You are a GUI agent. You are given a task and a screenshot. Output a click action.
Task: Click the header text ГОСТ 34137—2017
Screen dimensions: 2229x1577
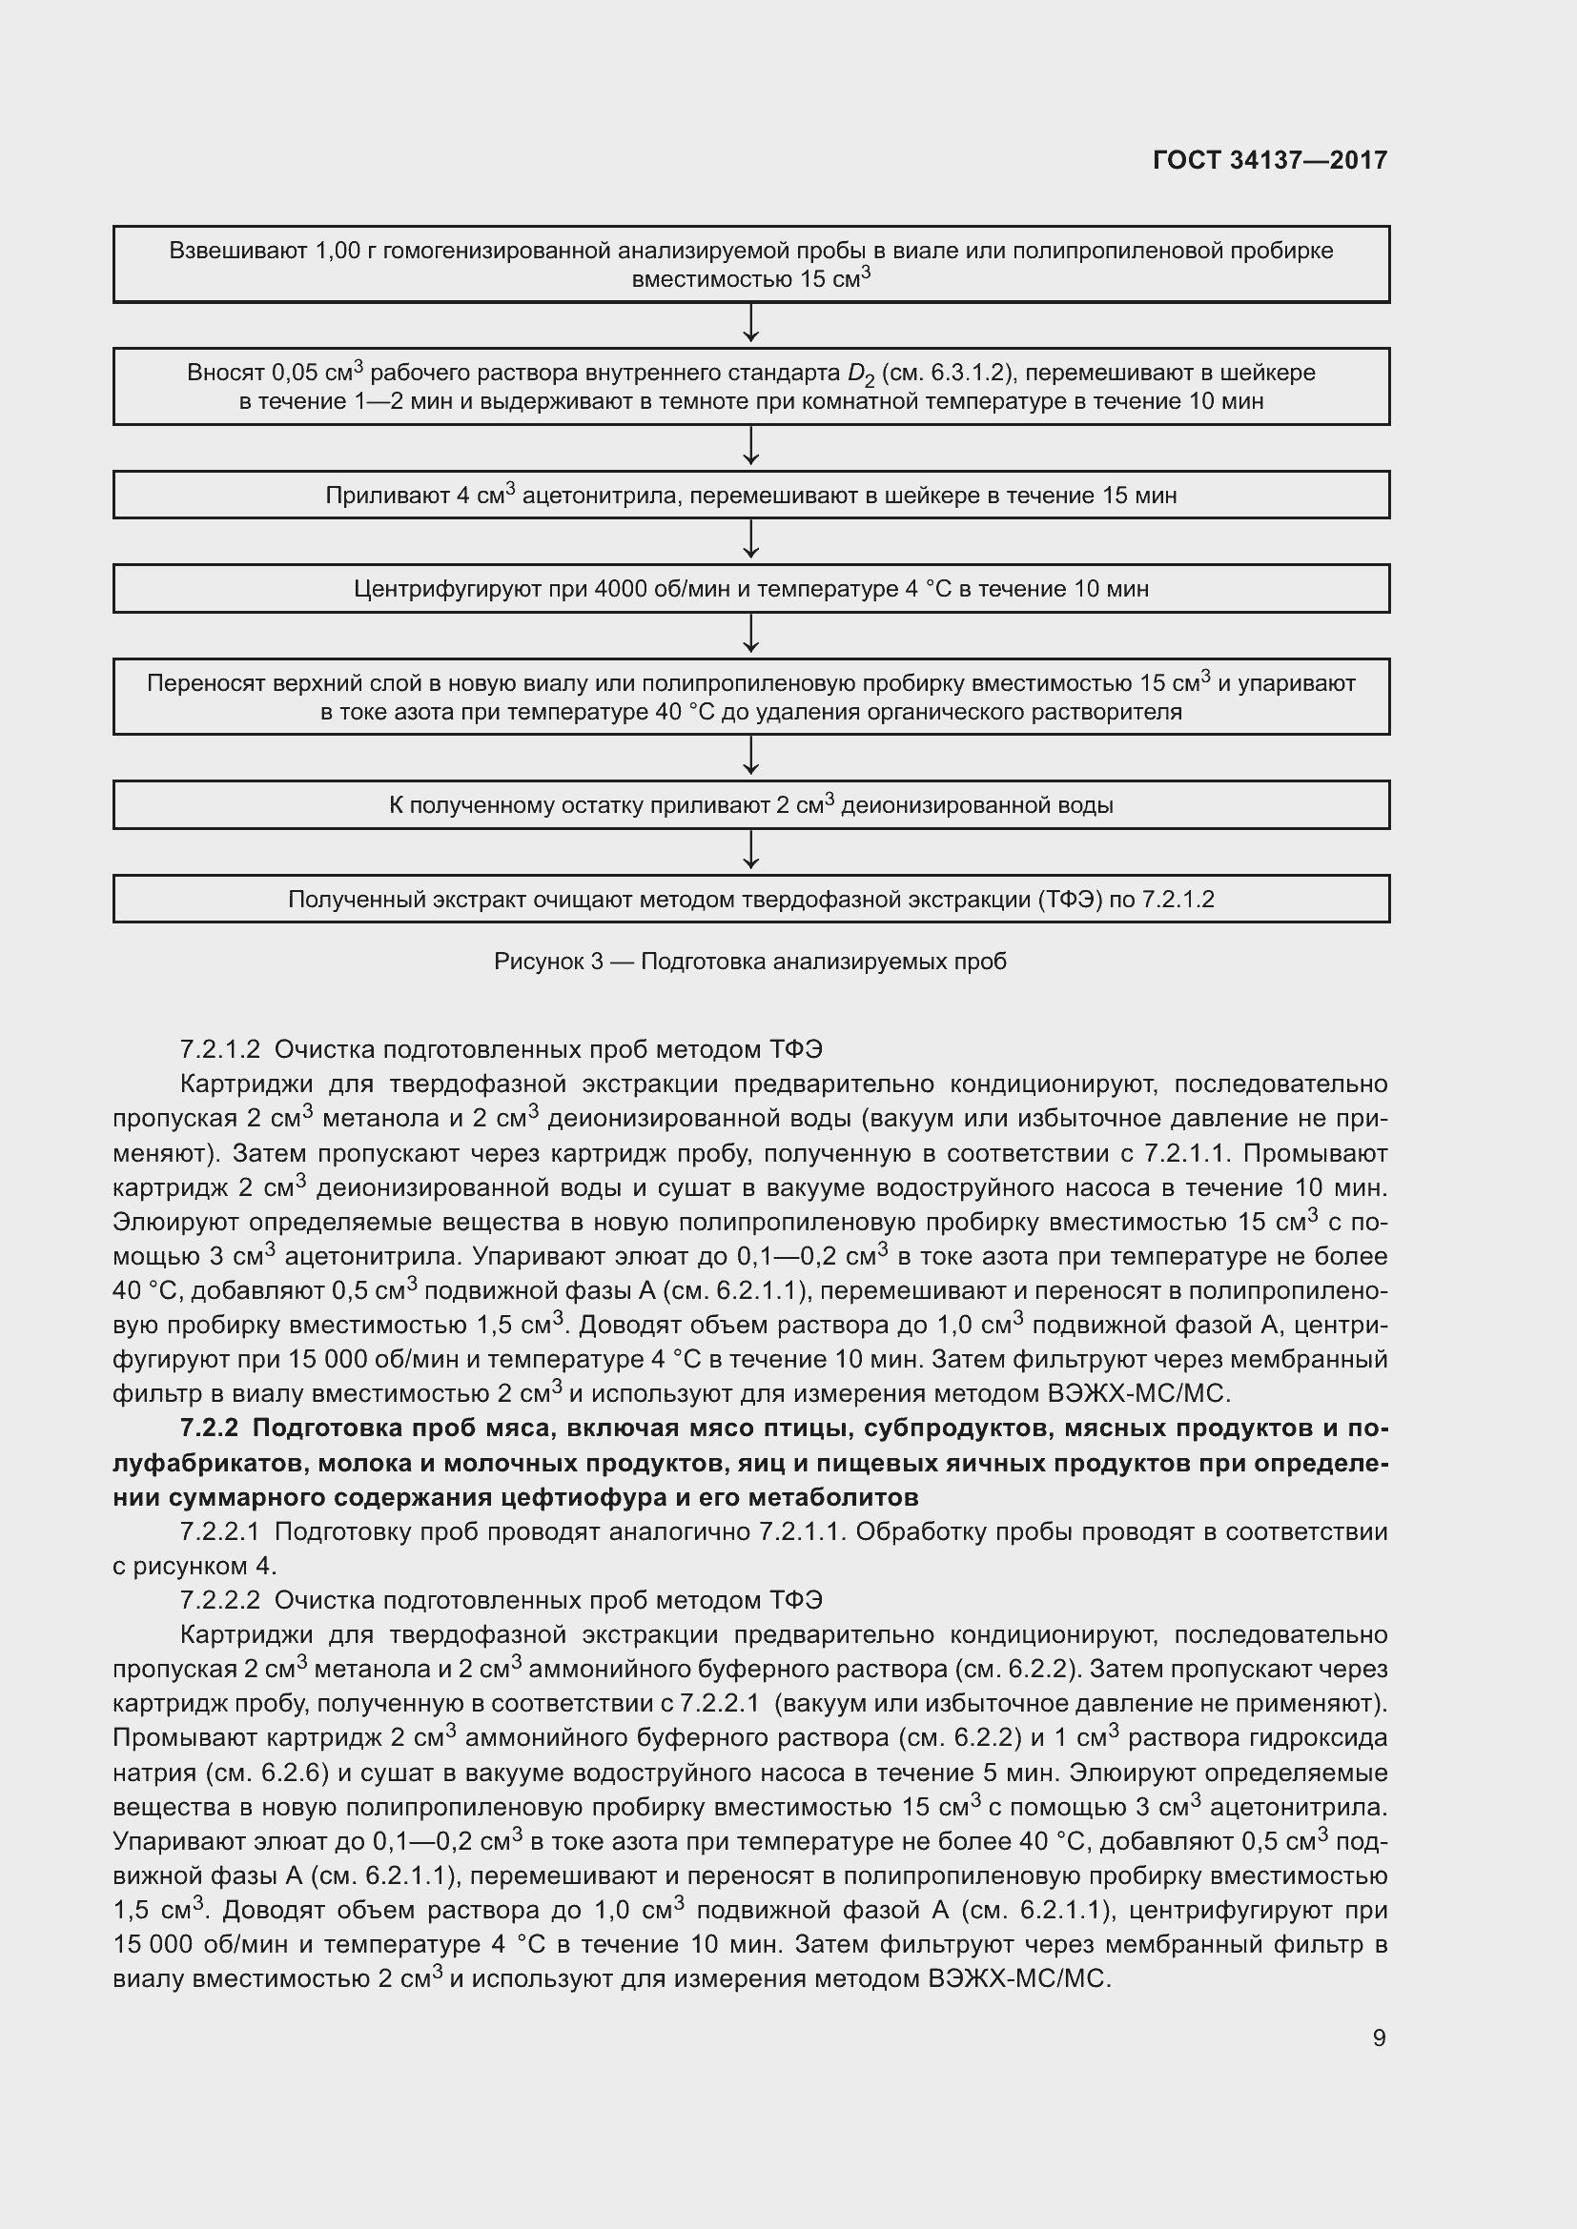click(x=1269, y=160)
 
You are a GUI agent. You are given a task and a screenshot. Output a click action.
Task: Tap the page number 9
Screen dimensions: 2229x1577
click(x=1379, y=2036)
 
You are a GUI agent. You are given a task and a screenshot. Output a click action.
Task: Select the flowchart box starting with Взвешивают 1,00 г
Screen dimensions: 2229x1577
click(x=750, y=264)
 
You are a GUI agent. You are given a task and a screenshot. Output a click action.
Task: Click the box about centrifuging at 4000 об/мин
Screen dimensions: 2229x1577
click(x=750, y=588)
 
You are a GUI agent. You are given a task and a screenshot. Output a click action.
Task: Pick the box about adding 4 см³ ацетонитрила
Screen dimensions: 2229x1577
click(x=750, y=496)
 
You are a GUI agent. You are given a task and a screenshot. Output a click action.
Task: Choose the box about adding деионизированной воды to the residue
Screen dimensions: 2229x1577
click(x=750, y=805)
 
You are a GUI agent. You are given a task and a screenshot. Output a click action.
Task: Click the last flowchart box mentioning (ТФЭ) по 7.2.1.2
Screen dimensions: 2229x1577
click(x=750, y=899)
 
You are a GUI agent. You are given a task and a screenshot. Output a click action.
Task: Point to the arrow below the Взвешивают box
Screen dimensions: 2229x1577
click(x=750, y=324)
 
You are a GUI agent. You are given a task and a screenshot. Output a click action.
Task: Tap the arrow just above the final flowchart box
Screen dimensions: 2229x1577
click(x=750, y=851)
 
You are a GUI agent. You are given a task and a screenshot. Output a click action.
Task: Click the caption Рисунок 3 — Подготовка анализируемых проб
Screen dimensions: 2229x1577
click(x=749, y=962)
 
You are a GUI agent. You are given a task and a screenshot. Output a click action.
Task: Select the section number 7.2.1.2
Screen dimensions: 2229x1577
click(x=220, y=1049)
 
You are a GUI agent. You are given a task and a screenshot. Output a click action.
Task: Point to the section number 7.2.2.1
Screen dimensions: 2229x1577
click(x=220, y=1532)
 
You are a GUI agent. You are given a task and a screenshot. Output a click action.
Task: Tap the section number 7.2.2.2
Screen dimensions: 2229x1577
click(x=220, y=1600)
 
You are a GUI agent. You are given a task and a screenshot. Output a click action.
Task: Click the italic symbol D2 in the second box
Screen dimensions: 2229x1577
click(x=860, y=375)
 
